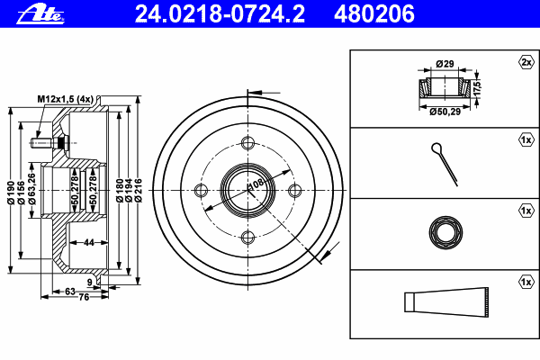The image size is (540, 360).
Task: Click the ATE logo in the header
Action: click(40, 14)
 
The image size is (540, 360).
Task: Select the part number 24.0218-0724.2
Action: click(220, 13)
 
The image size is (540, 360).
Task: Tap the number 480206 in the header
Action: click(374, 13)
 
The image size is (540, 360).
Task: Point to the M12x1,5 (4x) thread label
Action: click(66, 99)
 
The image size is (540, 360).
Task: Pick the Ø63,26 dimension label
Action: click(31, 189)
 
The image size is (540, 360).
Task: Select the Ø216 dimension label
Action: click(138, 190)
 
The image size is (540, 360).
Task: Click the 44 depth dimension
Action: click(89, 242)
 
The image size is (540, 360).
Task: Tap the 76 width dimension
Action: click(84, 297)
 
